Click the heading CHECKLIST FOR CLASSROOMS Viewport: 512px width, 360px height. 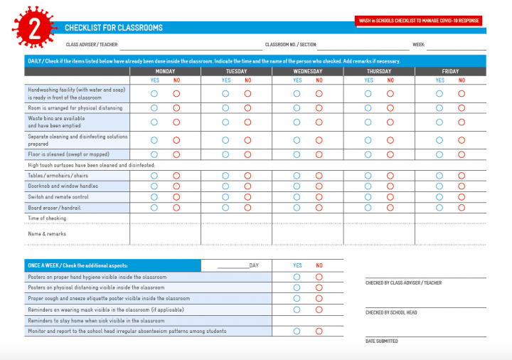point(114,28)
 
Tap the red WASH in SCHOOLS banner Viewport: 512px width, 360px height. point(419,21)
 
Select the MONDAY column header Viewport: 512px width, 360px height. point(165,71)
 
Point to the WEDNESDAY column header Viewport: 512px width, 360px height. point(307,71)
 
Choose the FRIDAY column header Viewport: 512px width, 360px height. point(450,71)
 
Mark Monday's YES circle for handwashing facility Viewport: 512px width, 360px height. point(154,93)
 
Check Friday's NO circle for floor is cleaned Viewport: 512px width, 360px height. point(462,154)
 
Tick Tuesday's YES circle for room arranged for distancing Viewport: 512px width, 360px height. point(225,108)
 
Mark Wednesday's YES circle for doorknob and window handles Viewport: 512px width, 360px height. point(297,186)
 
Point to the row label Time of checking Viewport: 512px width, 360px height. point(47,218)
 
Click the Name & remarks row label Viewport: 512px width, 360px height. point(47,233)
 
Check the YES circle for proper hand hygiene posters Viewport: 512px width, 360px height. point(297,277)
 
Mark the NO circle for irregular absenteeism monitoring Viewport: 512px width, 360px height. point(319,331)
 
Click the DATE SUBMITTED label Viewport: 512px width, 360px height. point(382,341)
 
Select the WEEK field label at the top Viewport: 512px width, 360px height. point(419,45)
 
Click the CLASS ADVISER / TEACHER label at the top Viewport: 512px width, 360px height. point(92,45)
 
